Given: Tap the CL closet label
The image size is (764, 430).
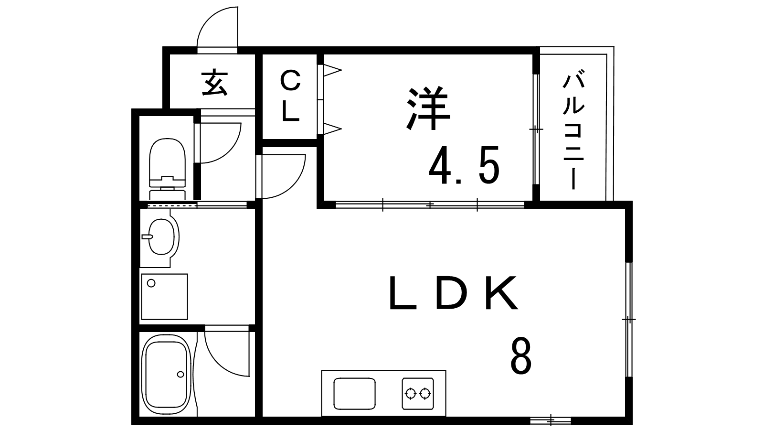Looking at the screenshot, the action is click(290, 96).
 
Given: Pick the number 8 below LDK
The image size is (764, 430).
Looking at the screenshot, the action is click(521, 356).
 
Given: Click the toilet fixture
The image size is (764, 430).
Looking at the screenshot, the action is click(168, 169).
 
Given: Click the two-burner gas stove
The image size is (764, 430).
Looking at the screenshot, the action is click(418, 393).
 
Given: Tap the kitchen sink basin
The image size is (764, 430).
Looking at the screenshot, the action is click(354, 394).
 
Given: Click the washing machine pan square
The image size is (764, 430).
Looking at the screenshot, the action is click(164, 296).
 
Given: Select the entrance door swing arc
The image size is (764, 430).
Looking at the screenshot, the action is click(217, 27).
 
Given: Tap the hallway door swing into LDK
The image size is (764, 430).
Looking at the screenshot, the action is click(281, 176).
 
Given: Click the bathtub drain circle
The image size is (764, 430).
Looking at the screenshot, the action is click(180, 375).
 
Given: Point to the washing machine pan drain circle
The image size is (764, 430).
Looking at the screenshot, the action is click(151, 283).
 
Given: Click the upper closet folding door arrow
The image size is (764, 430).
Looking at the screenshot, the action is click(332, 71).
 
